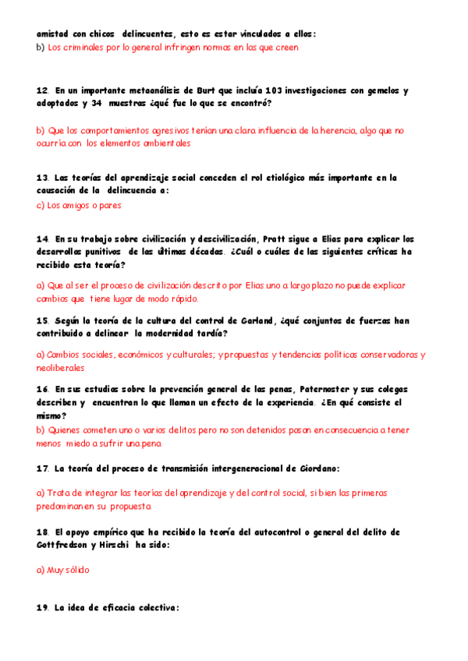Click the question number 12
coord(42,90)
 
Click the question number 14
coord(42,239)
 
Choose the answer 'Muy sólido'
coord(68,570)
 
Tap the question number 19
coord(42,608)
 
